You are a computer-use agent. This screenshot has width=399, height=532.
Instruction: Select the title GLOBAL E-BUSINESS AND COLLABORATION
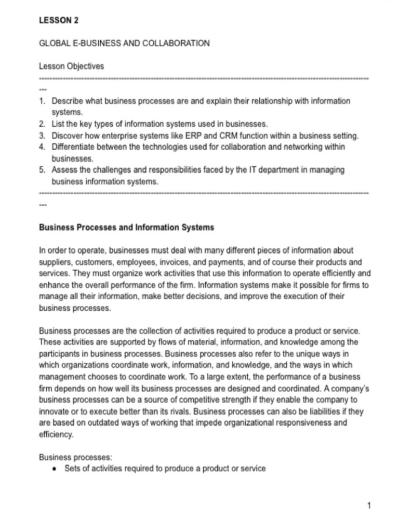[x=125, y=44]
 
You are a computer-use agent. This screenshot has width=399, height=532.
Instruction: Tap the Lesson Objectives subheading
[x=72, y=66]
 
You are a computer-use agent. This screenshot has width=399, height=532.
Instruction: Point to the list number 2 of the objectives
[x=42, y=124]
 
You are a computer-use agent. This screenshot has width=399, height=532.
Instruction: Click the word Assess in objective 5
[x=63, y=170]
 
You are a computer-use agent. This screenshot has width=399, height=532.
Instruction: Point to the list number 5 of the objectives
[x=42, y=170]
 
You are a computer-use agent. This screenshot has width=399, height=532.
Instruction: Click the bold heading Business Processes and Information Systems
[x=127, y=228]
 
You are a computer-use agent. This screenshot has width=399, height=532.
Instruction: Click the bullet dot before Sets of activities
[x=55, y=469]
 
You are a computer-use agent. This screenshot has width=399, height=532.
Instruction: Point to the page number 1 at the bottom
[x=369, y=505]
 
